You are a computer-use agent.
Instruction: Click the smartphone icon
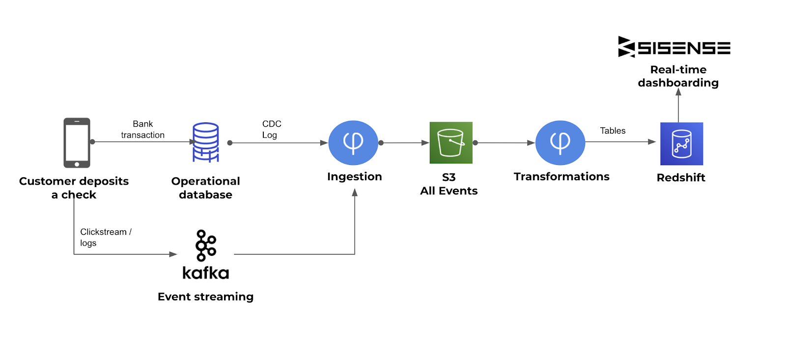77,142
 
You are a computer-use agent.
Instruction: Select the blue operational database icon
205,142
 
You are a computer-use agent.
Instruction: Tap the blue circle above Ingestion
353,142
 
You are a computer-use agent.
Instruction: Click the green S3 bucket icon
451,142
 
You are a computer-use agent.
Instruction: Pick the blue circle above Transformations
560,142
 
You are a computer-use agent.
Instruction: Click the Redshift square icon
681,143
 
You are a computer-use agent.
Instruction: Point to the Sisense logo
674,47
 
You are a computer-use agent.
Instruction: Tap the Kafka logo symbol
206,245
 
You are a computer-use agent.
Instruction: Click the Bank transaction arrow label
142,130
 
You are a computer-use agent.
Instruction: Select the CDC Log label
271,130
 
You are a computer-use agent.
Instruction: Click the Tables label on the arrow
613,131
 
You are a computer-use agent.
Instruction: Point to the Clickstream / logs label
105,237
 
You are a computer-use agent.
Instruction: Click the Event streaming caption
205,297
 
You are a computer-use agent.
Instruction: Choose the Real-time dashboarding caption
678,76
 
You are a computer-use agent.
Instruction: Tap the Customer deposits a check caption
74,188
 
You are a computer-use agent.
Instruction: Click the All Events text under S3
449,191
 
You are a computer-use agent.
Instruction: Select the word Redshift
681,178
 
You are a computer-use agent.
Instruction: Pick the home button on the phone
77,164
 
